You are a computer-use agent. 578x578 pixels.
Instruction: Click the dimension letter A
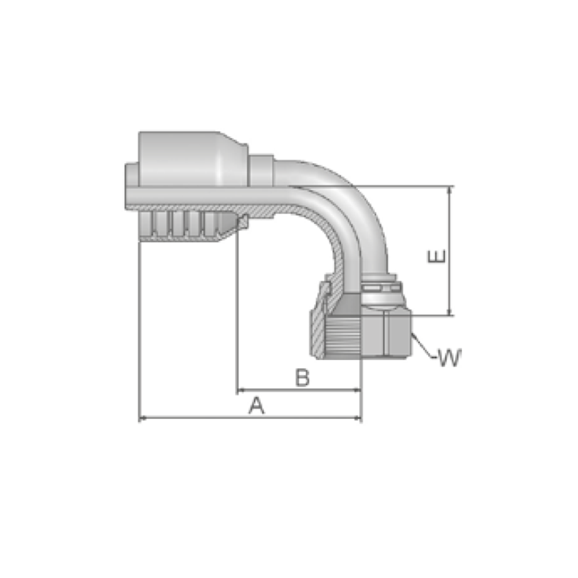coord(257,406)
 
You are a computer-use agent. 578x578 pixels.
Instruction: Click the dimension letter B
coord(303,377)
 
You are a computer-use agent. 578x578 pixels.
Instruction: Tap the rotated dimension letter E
coord(436,256)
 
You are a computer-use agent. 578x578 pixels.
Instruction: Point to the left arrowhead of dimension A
coord(143,418)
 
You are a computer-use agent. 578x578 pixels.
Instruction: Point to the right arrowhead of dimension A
coord(358,418)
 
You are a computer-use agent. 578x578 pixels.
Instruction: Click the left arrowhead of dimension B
coord(240,390)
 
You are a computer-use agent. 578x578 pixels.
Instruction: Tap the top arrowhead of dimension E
coord(449,190)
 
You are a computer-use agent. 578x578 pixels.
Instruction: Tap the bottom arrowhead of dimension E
coord(449,312)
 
